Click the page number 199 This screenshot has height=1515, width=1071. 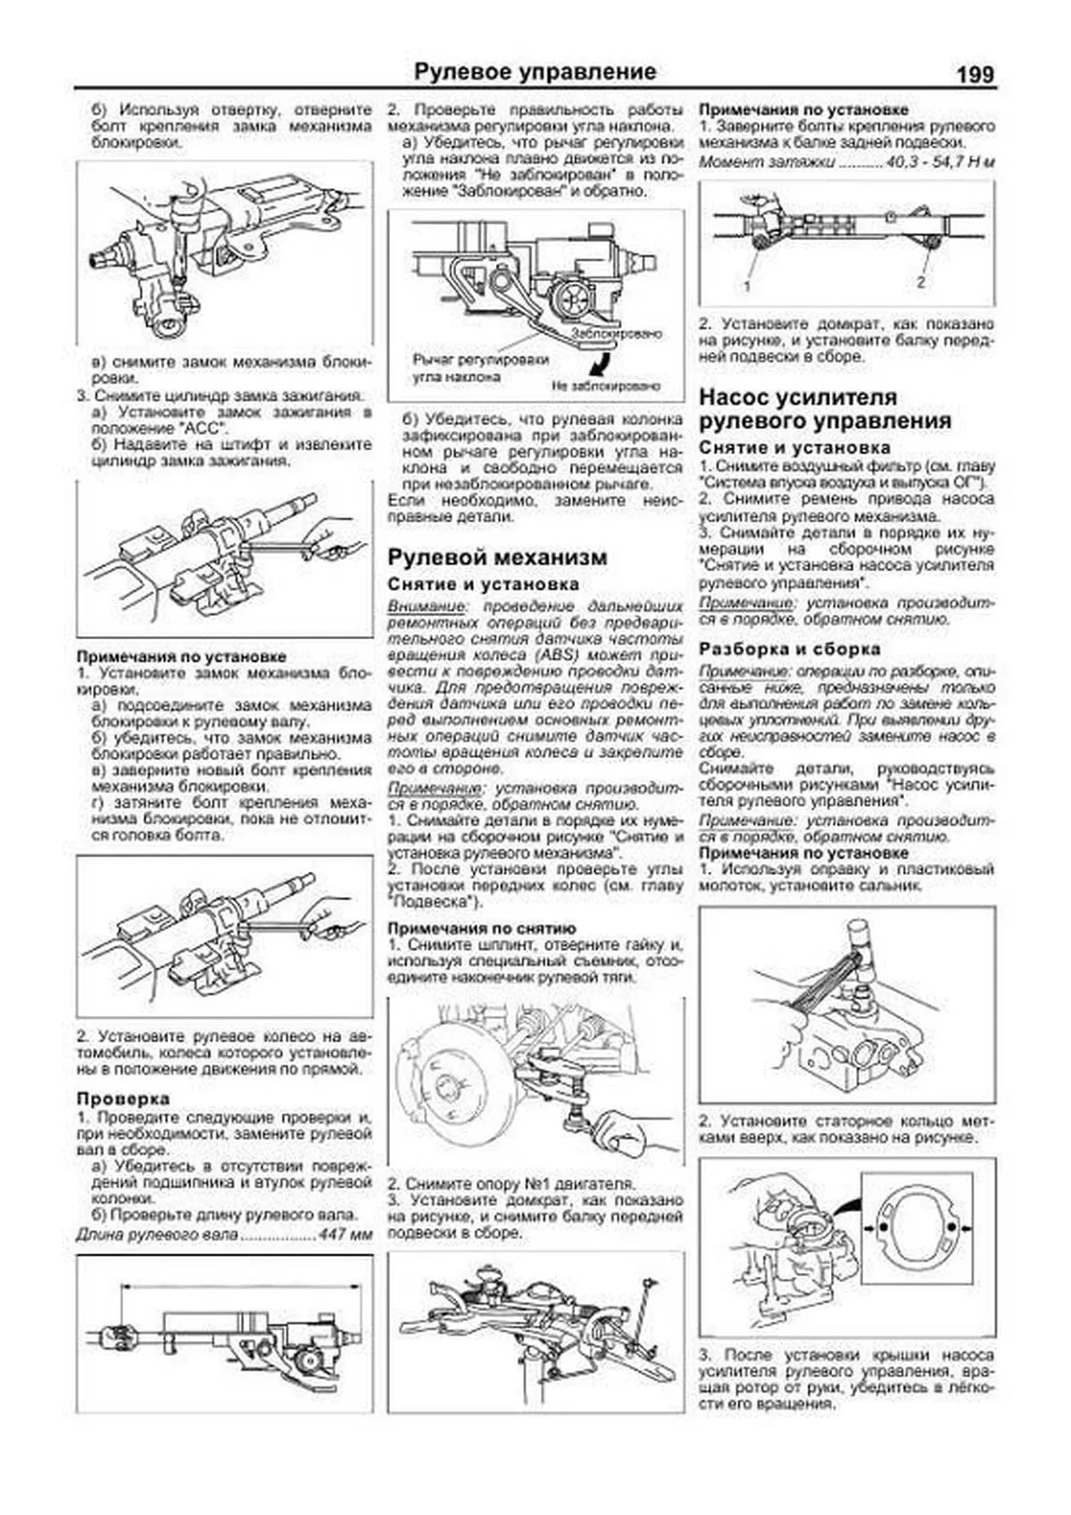[x=974, y=73]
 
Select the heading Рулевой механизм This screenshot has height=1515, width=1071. [x=497, y=557]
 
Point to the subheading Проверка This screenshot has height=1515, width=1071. [x=122, y=1098]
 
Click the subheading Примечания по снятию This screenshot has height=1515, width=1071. [x=481, y=928]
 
